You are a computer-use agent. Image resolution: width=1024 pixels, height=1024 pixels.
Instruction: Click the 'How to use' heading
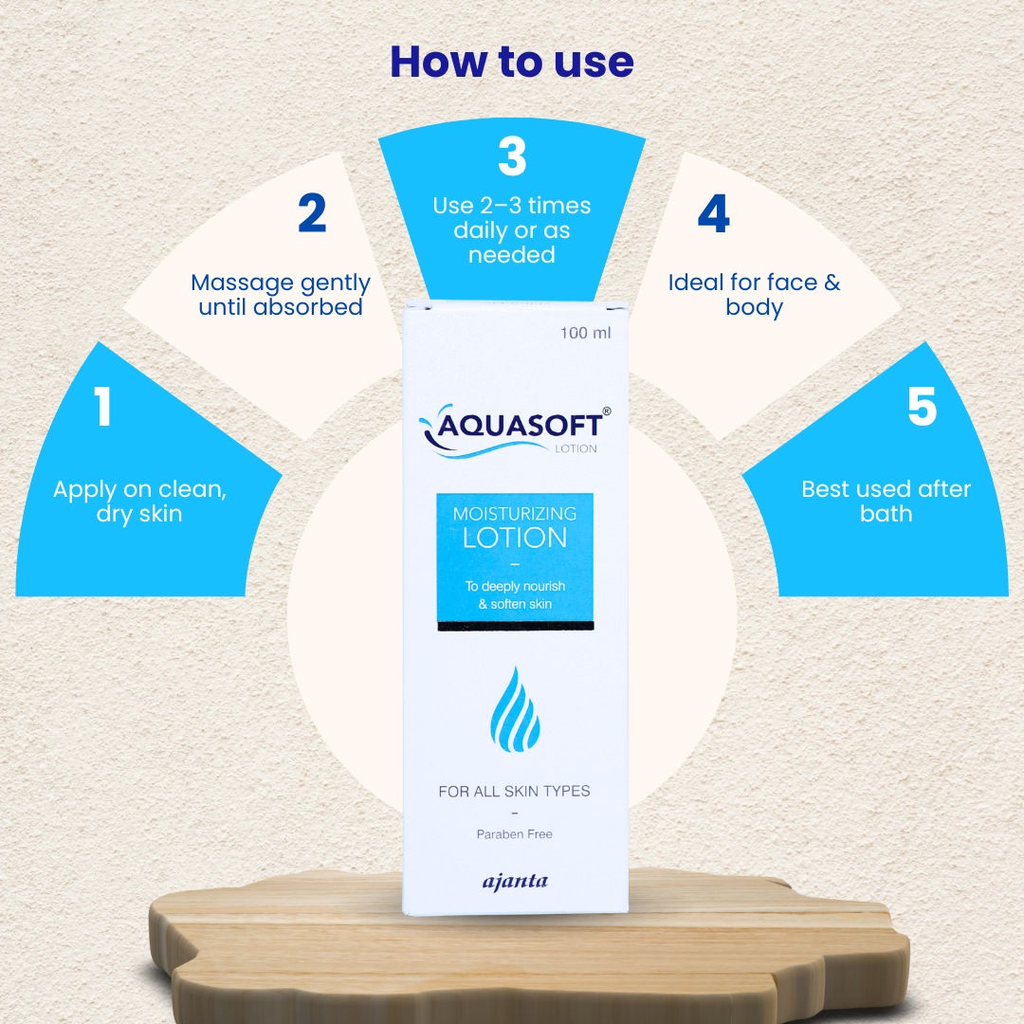point(512,62)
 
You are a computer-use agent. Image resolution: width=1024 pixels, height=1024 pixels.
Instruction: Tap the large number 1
point(102,406)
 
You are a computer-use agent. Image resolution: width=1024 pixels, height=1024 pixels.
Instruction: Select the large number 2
point(312,213)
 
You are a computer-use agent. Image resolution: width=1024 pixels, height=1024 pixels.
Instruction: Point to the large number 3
point(512,157)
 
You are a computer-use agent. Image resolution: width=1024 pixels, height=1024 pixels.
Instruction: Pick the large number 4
point(713,215)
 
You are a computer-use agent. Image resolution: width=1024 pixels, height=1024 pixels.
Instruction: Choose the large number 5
point(922,407)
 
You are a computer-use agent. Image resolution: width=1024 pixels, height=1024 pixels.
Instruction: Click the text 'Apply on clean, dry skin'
point(139,502)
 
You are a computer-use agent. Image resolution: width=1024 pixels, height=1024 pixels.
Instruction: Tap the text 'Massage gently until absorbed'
point(281,295)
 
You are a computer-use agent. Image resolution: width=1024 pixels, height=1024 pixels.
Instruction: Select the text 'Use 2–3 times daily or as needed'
point(512,230)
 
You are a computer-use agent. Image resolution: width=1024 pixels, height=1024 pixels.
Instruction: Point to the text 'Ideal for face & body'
point(754,295)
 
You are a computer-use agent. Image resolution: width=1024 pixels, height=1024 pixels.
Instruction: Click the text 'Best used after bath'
point(886,502)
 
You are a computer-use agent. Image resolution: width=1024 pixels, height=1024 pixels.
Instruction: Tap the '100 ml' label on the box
point(585,333)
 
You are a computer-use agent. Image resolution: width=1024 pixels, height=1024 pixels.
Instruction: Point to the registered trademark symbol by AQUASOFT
point(607,411)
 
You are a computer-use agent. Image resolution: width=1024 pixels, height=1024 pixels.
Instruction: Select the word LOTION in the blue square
point(515,538)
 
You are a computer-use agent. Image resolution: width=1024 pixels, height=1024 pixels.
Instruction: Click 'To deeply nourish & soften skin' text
point(515,595)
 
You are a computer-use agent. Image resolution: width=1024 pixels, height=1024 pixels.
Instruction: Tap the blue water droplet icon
point(515,708)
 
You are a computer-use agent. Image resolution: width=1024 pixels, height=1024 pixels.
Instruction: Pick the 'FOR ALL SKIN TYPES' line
point(514,791)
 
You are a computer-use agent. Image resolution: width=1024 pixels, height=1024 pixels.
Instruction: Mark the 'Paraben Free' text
point(514,834)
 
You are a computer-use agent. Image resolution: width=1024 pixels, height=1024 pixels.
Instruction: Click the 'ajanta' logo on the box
point(515,882)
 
